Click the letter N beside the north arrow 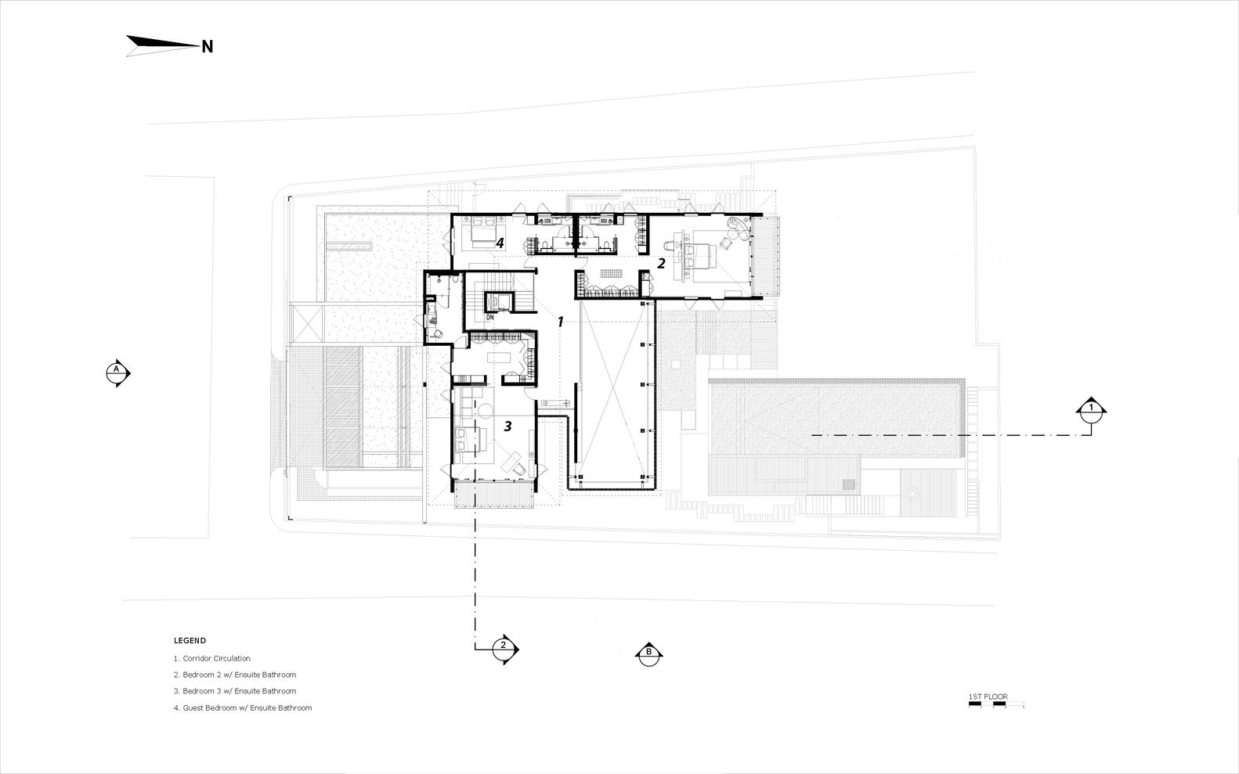click(208, 47)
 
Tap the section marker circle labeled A click(116, 374)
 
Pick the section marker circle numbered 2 click(503, 650)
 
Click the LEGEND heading click(190, 641)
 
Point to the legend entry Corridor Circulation click(211, 658)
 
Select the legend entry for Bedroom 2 click(235, 675)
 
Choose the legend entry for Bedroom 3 click(235, 691)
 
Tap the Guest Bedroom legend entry click(243, 707)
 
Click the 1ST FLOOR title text click(988, 697)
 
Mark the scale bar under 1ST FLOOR click(995, 704)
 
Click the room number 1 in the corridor click(560, 321)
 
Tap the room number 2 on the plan click(661, 264)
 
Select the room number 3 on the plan click(508, 426)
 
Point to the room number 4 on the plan click(500, 243)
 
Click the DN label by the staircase click(490, 318)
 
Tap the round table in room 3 click(486, 410)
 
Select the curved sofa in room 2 click(738, 227)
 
